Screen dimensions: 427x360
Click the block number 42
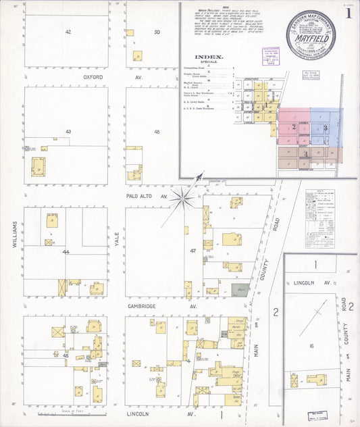click(68, 32)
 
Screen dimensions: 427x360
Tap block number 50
click(157, 32)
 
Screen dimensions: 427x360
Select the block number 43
click(68, 131)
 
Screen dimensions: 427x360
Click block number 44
click(66, 251)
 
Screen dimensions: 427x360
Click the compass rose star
click(182, 197)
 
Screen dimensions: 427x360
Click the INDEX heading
click(207, 57)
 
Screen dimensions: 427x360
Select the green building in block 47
click(239, 290)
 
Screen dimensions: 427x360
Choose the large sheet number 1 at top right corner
click(349, 12)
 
